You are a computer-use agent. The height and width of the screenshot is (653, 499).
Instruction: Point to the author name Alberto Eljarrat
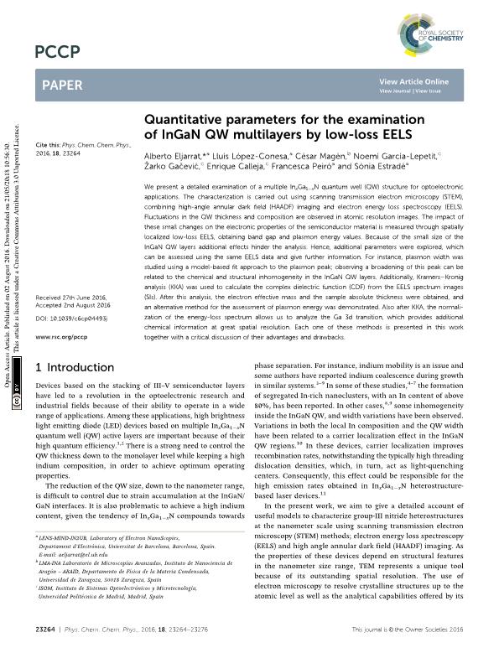tap(174, 158)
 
